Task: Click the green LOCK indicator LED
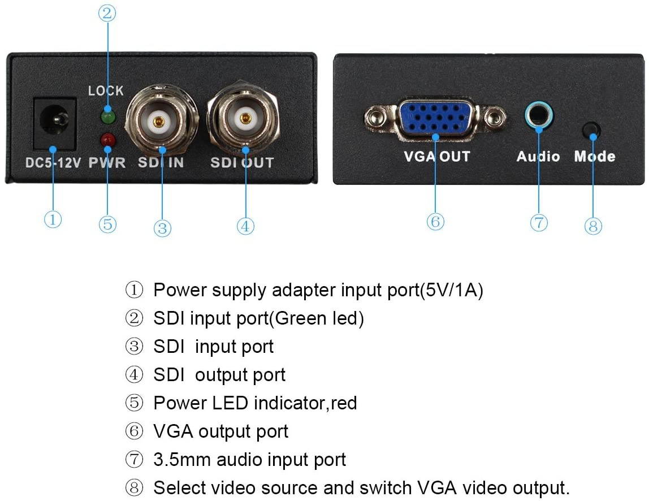108,117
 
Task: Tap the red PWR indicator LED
107,139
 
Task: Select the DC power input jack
55,123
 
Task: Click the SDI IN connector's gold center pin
158,122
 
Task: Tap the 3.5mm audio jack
539,115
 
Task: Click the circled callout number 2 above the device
107,13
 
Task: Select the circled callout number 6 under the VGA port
435,222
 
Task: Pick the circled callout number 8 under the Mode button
593,226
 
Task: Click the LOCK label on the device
106,90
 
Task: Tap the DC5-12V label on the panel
53,163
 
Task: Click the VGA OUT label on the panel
437,157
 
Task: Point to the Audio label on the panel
538,157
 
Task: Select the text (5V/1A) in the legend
452,290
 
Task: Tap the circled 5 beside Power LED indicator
134,403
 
